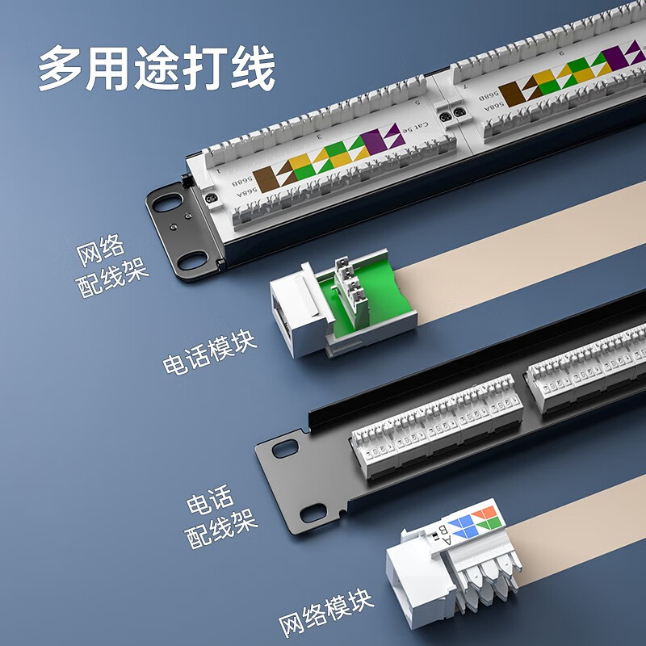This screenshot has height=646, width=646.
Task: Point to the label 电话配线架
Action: click(x=221, y=518)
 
